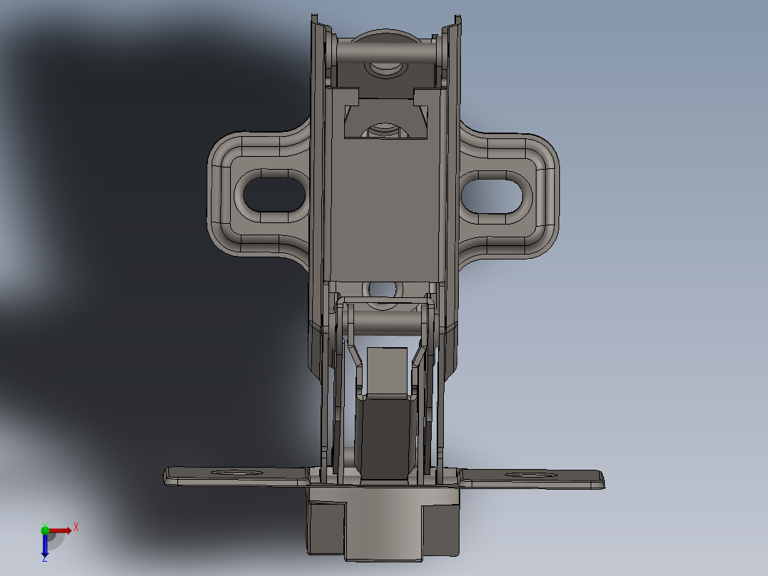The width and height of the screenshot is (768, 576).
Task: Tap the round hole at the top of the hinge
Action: (x=385, y=68)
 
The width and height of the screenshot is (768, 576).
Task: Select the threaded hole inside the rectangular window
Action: (x=385, y=131)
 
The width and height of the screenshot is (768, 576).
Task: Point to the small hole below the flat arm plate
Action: (x=385, y=289)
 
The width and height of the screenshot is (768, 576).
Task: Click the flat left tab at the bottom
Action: (x=235, y=477)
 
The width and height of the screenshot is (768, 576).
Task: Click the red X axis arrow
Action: (x=62, y=530)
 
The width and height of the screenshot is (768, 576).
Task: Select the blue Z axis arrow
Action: (x=45, y=545)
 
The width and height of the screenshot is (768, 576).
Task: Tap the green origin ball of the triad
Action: (x=45, y=529)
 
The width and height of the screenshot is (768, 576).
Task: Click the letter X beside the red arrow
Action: (x=76, y=527)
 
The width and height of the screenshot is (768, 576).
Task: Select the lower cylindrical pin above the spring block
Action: (x=385, y=322)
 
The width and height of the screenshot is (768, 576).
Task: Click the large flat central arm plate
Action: (x=385, y=207)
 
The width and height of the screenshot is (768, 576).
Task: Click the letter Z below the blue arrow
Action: (x=44, y=558)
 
